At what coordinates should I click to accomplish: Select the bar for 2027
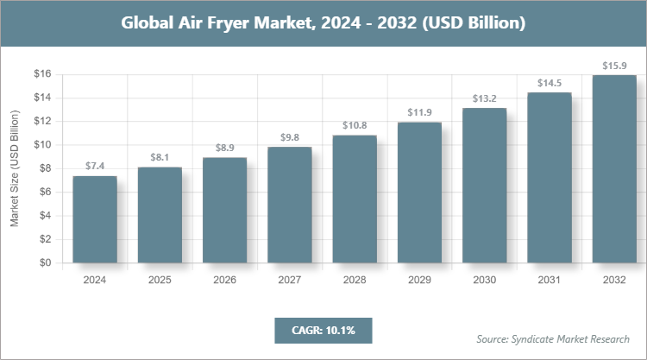290,205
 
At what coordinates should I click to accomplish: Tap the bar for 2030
485,185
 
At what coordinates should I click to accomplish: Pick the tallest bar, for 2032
614,169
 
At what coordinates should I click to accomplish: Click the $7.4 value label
95,165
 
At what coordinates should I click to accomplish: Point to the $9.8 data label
290,136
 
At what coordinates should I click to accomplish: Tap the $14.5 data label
550,82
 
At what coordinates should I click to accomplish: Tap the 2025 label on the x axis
160,280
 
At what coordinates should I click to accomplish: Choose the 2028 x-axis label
355,280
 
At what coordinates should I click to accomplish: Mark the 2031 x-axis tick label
550,280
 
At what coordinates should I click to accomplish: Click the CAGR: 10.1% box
323,330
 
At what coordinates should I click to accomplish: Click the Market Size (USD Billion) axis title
15,169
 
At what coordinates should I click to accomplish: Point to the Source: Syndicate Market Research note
552,338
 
